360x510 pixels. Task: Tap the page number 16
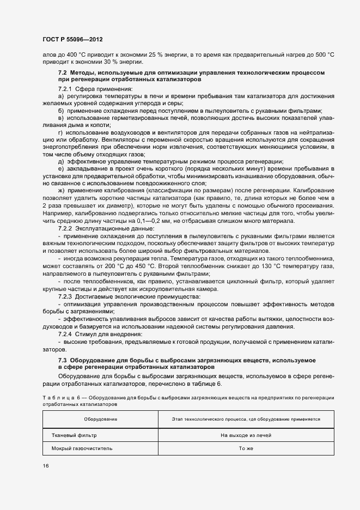46,466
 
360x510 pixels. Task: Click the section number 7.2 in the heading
62,72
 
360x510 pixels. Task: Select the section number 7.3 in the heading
62,361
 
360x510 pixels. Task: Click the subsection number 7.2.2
66,229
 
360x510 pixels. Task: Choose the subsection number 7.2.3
66,296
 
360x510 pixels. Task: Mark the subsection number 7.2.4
66,333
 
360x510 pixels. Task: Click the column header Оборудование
101,419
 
